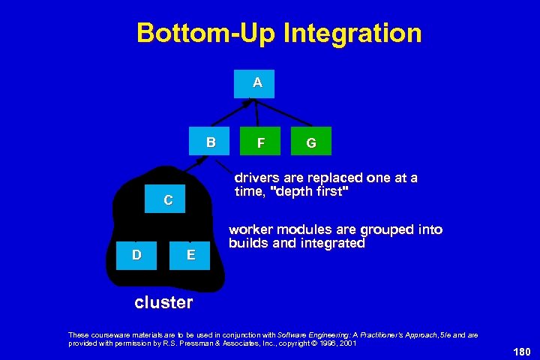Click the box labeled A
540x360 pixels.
[x=257, y=84]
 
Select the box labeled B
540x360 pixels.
[x=211, y=142]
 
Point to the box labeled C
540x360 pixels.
[x=168, y=200]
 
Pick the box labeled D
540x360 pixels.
[x=136, y=254]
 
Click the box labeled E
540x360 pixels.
[x=191, y=255]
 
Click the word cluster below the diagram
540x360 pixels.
[x=163, y=302]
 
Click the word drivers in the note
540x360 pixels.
[x=256, y=178]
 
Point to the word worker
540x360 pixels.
[x=251, y=229]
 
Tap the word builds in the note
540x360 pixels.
[x=248, y=243]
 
